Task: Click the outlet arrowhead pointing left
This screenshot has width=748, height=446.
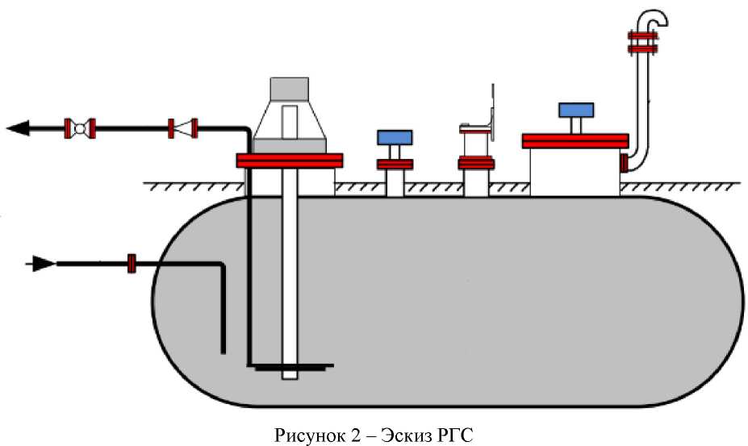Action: [x=18, y=127]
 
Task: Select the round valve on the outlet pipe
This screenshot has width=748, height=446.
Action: [x=80, y=127]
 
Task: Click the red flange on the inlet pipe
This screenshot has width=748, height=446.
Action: [x=132, y=263]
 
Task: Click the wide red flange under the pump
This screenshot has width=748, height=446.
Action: [x=290, y=160]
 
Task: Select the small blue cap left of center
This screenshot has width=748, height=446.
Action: [x=395, y=137]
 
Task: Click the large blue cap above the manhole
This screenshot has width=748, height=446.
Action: [x=575, y=110]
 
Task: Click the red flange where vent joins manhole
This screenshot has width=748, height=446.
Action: [x=624, y=164]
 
